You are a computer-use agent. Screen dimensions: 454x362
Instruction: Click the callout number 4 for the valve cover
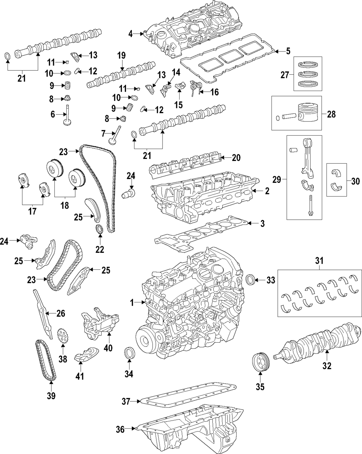coord(131,34)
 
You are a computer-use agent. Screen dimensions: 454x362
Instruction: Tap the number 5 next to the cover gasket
coord(288,51)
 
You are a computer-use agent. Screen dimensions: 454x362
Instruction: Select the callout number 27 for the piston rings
coord(285,75)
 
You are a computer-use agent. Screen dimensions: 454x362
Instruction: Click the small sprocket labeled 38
coord(63,336)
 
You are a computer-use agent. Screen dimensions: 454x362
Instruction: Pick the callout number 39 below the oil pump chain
coord(51,396)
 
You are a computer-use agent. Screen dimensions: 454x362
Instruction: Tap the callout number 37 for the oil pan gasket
coord(126,401)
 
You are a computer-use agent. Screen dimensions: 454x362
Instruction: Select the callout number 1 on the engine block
coord(132,302)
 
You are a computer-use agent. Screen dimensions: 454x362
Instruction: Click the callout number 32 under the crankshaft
coord(327,366)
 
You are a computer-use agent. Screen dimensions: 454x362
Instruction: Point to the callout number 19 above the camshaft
coord(121,55)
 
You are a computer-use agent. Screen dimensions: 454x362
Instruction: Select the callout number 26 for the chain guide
coord(60,313)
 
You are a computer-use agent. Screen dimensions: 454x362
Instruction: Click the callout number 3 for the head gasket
coord(262,224)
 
